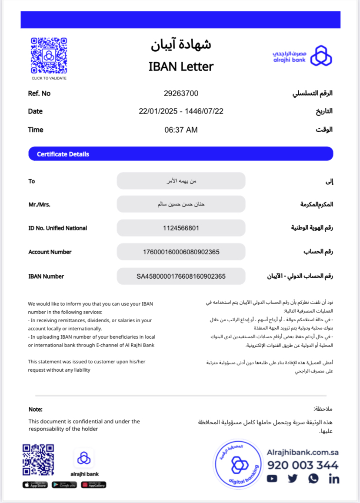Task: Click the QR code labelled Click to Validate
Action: click(x=49, y=56)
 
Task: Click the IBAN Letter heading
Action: click(x=181, y=67)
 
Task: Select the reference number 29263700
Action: click(x=181, y=93)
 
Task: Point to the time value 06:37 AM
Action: click(x=181, y=130)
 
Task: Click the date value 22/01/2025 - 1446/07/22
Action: click(x=181, y=111)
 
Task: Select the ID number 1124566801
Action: click(x=181, y=228)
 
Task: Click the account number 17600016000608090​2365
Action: click(x=181, y=252)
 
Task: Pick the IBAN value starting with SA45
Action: click(x=181, y=276)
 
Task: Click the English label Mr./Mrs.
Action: click(x=39, y=204)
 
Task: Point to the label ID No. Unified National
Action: click(x=57, y=228)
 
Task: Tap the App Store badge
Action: click(x=35, y=485)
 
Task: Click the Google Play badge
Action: click(x=64, y=485)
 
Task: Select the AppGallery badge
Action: click(x=93, y=485)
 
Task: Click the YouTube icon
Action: click(x=272, y=479)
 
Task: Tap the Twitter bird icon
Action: click(x=293, y=479)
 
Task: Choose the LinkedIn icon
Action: click(x=334, y=479)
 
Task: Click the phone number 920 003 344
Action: click(x=303, y=465)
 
